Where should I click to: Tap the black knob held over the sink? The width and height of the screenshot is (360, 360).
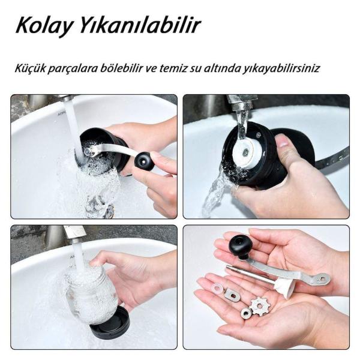(143, 160)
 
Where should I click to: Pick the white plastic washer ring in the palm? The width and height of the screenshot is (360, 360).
(217, 289)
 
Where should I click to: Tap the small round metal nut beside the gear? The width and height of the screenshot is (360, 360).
(245, 313)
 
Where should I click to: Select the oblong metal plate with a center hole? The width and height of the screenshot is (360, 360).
(232, 295)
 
